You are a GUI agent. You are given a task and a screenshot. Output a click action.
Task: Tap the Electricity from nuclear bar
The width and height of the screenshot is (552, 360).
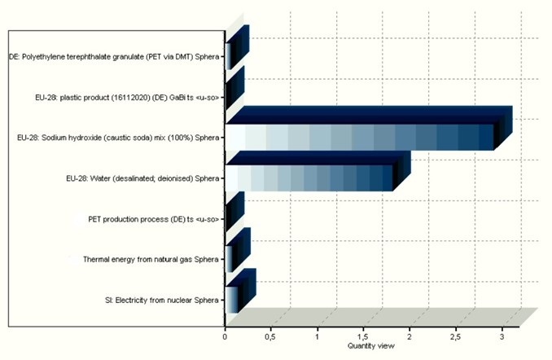[x=232, y=299]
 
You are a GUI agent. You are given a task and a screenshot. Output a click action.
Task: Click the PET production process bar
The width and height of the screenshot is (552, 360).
[x=227, y=218]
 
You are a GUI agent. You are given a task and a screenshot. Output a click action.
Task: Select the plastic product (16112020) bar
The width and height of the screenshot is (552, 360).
[x=227, y=97]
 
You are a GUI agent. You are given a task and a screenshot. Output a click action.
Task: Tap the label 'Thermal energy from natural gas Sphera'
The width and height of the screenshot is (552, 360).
[x=151, y=260]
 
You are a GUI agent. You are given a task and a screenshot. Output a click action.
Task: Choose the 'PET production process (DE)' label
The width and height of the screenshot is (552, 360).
[x=155, y=219]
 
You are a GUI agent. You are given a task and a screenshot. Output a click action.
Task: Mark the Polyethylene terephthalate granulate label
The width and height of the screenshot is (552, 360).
[x=116, y=56]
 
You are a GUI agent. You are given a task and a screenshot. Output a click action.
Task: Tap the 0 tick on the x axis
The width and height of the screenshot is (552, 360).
[x=226, y=336]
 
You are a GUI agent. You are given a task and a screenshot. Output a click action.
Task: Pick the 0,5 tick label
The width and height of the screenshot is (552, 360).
[x=271, y=336]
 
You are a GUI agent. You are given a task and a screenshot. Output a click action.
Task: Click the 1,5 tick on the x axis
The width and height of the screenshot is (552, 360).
[x=364, y=336]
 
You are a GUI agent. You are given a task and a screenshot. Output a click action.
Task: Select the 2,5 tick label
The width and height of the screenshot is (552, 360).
[x=456, y=336]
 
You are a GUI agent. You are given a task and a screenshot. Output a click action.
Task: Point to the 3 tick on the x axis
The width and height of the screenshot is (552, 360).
[x=502, y=336]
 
